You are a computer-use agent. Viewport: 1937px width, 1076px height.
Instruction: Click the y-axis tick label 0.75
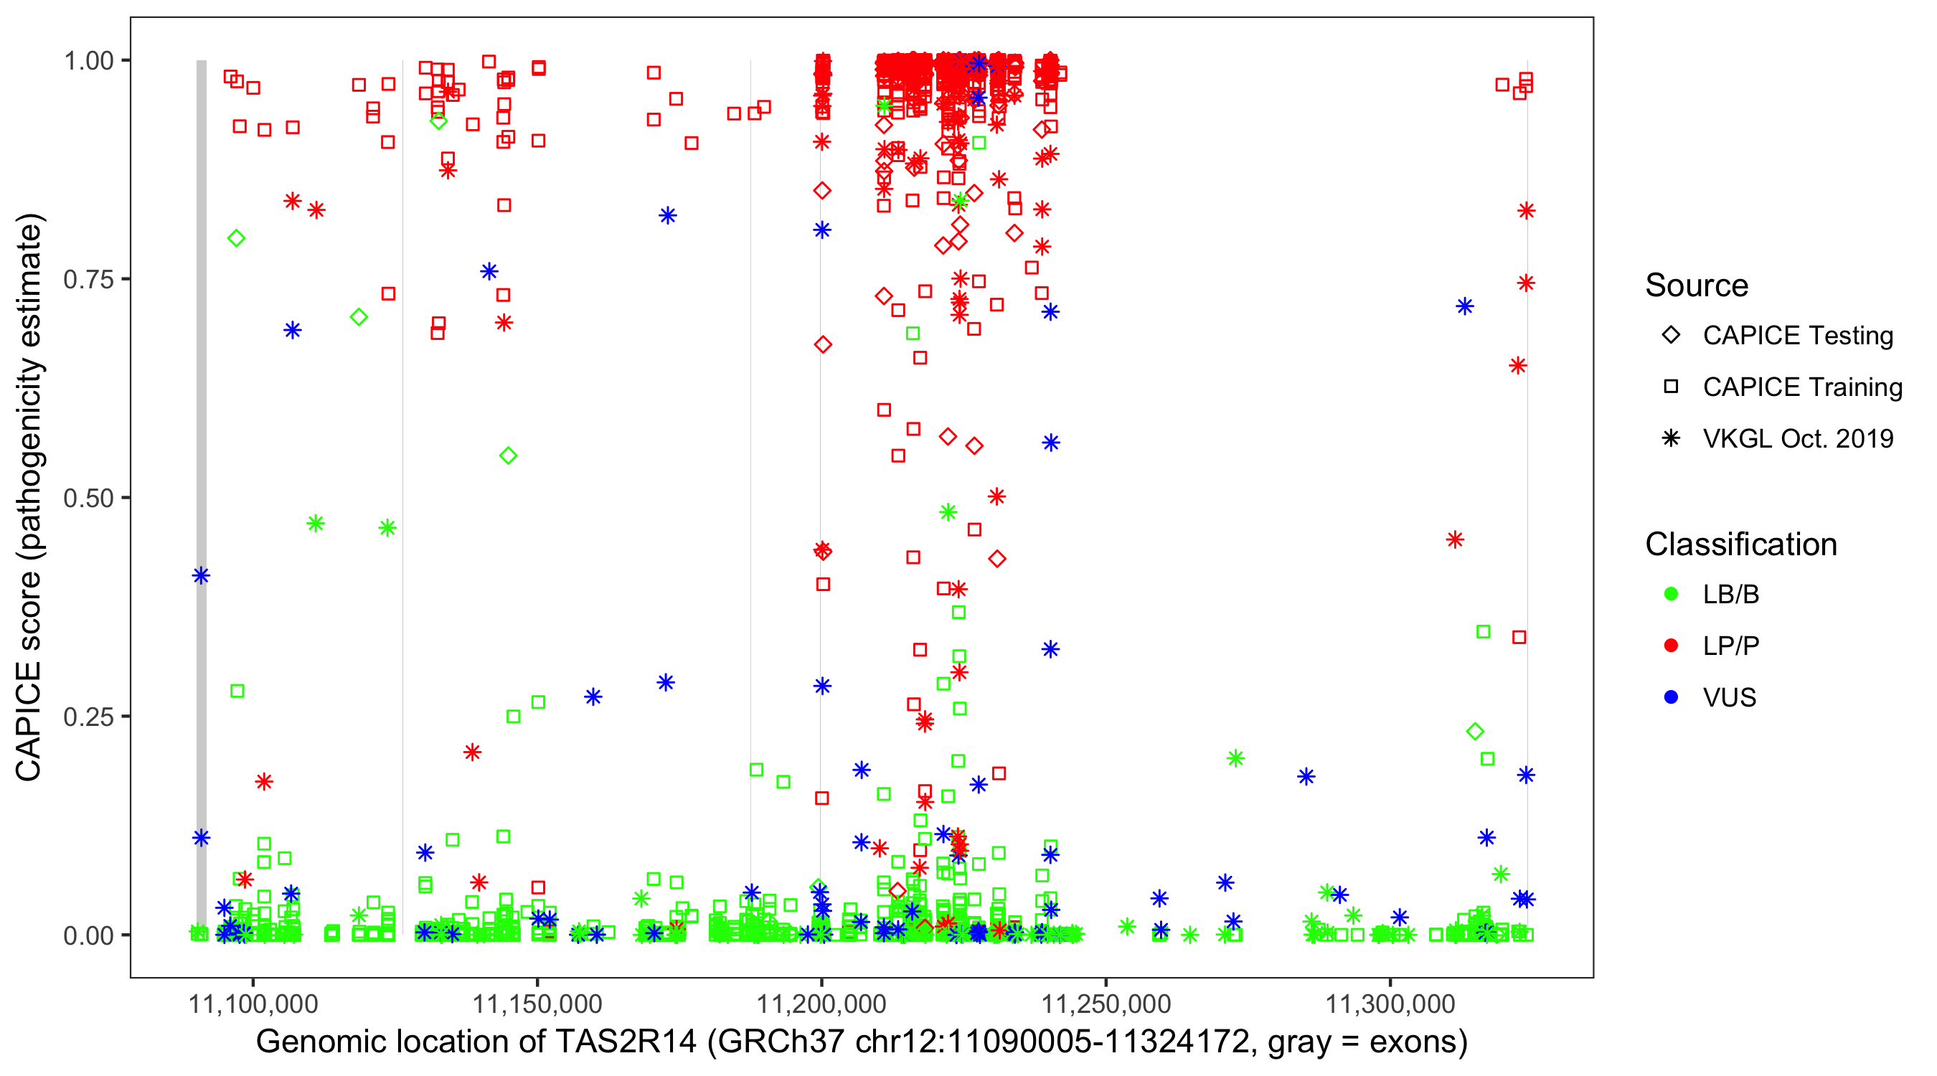[88, 280]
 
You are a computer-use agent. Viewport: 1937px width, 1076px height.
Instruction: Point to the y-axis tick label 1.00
[88, 61]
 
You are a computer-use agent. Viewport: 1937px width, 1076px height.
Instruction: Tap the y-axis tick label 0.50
[88, 498]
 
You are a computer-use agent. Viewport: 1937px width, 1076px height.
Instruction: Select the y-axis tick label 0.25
[88, 717]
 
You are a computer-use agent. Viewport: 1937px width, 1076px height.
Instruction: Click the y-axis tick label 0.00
[88, 935]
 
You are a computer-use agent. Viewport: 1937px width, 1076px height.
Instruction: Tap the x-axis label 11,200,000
[821, 1004]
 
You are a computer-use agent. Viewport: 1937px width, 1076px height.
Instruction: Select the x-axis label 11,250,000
[1106, 1004]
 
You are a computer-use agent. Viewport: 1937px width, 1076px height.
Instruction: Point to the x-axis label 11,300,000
[1390, 1004]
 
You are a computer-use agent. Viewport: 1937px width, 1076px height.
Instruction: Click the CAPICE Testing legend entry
[1797, 336]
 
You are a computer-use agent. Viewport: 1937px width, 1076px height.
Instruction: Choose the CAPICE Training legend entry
[1801, 387]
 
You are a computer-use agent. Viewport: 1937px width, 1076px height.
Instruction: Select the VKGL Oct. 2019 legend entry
[1797, 438]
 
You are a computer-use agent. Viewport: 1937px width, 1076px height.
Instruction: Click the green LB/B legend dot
[1671, 594]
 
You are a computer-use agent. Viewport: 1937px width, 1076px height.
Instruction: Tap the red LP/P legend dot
[1671, 646]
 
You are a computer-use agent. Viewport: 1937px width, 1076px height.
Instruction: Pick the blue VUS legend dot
[1671, 698]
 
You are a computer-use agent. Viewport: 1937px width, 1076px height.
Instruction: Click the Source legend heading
[1697, 285]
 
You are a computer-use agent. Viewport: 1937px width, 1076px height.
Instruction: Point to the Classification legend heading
[1740, 544]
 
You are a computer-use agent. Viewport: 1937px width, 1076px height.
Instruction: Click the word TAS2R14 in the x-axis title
[626, 1042]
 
